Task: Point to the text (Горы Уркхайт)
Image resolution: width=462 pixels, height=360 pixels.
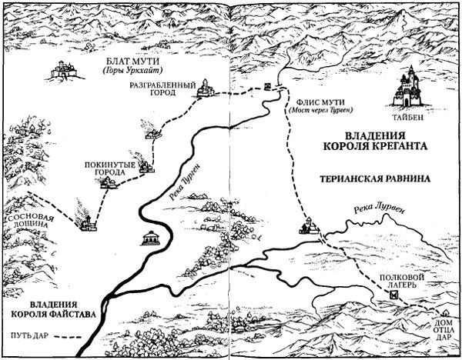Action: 126,71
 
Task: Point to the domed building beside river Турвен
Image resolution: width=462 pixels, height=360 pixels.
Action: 151,237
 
